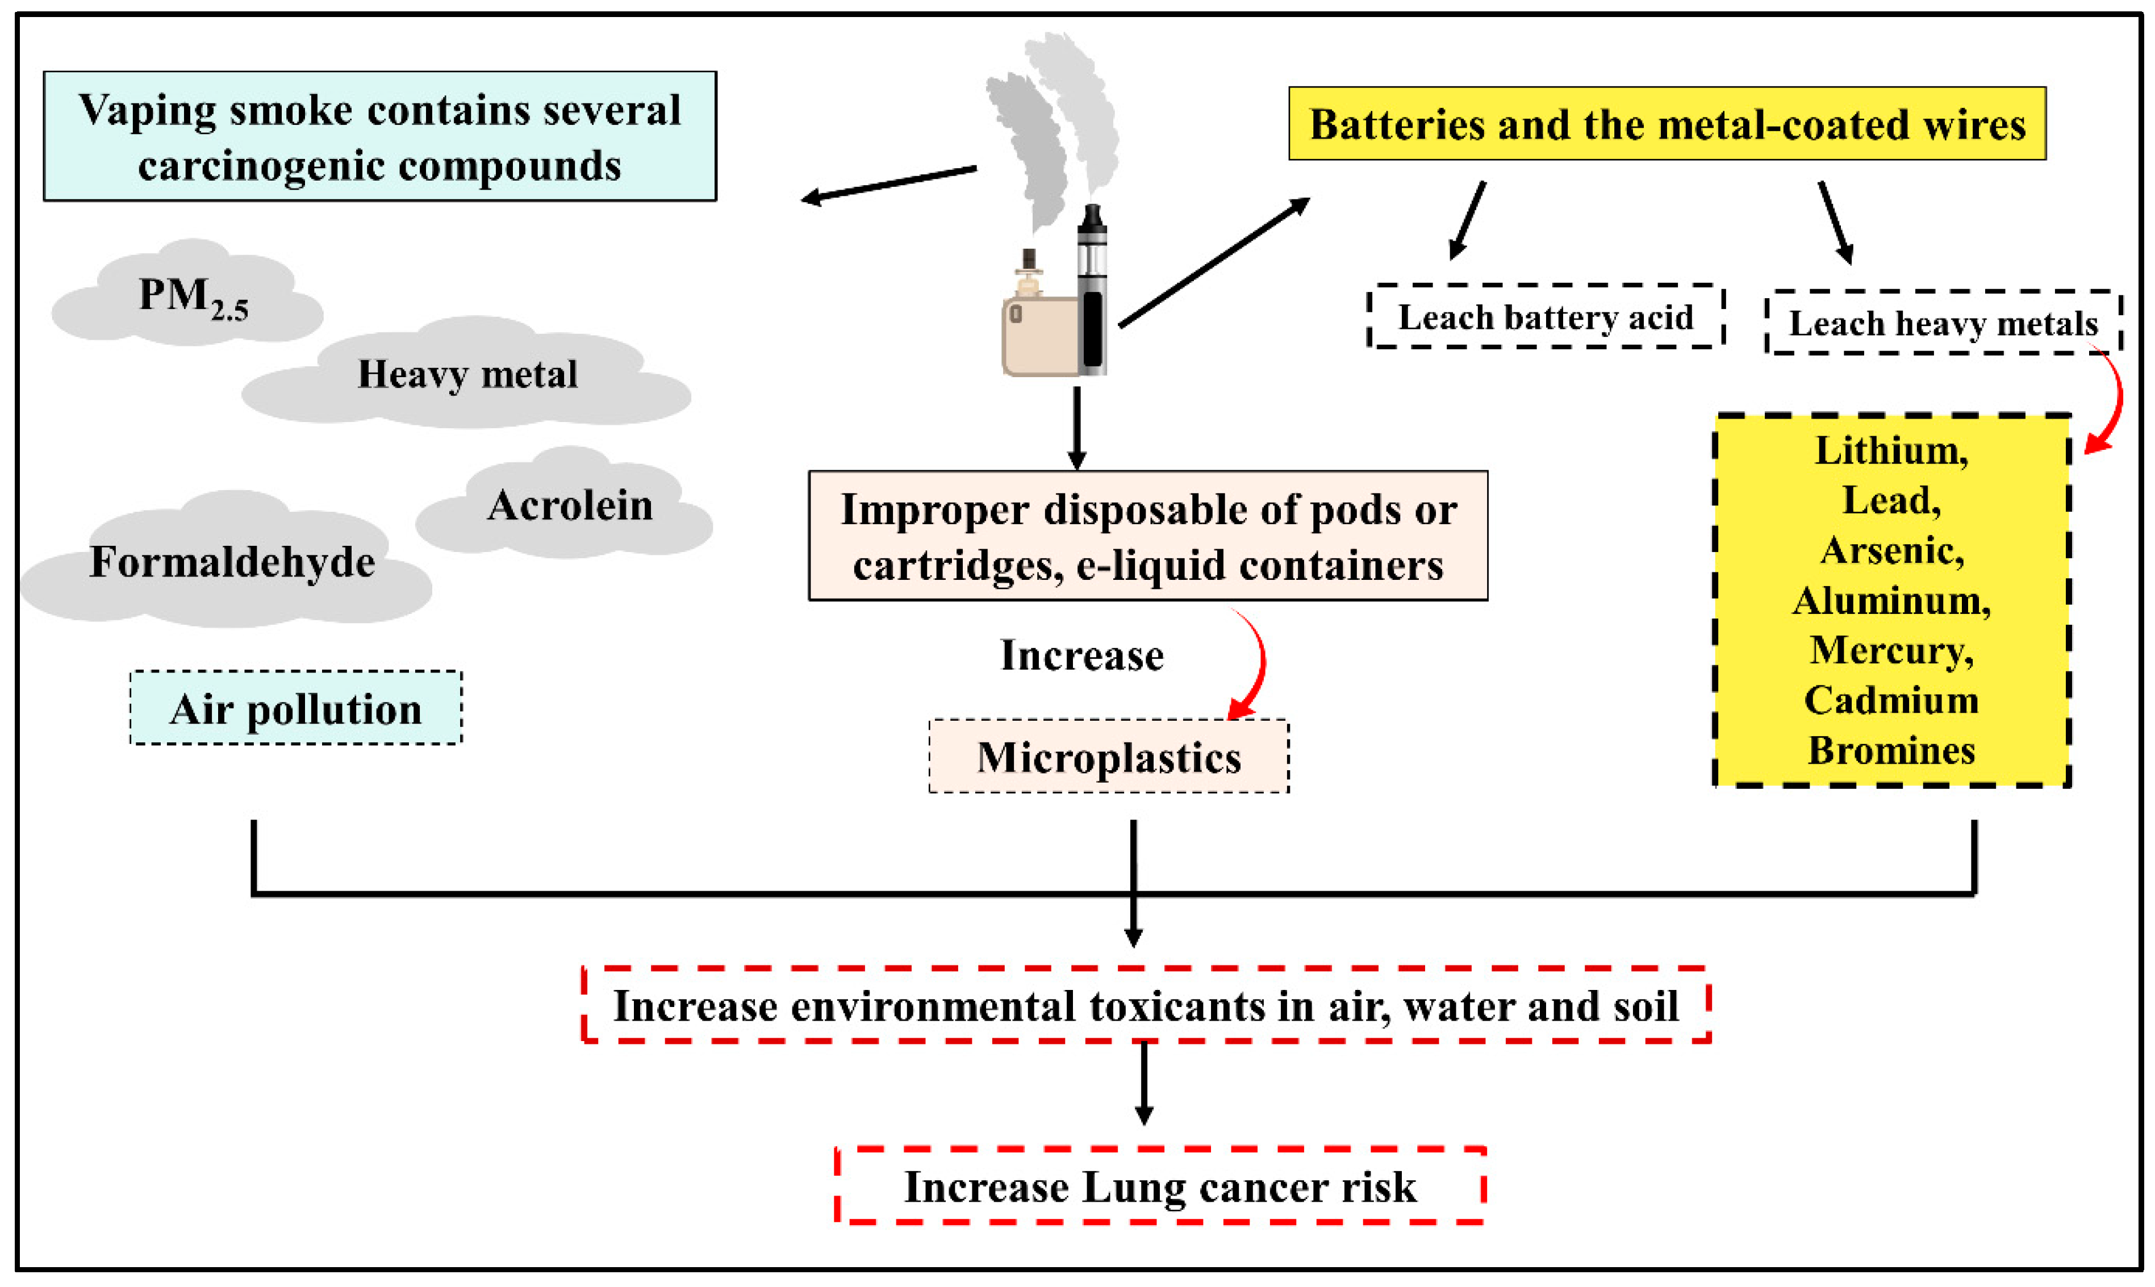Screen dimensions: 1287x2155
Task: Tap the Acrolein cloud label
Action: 570,505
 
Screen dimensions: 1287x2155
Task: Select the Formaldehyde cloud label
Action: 232,562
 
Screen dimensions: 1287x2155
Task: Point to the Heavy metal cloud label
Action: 467,375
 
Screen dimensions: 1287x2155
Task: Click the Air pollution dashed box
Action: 296,709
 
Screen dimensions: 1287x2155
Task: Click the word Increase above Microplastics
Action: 1081,655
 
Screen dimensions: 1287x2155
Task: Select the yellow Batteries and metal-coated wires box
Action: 1667,124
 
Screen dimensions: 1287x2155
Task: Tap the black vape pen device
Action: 1092,291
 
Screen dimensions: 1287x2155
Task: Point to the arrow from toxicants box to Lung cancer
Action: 1144,1083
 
